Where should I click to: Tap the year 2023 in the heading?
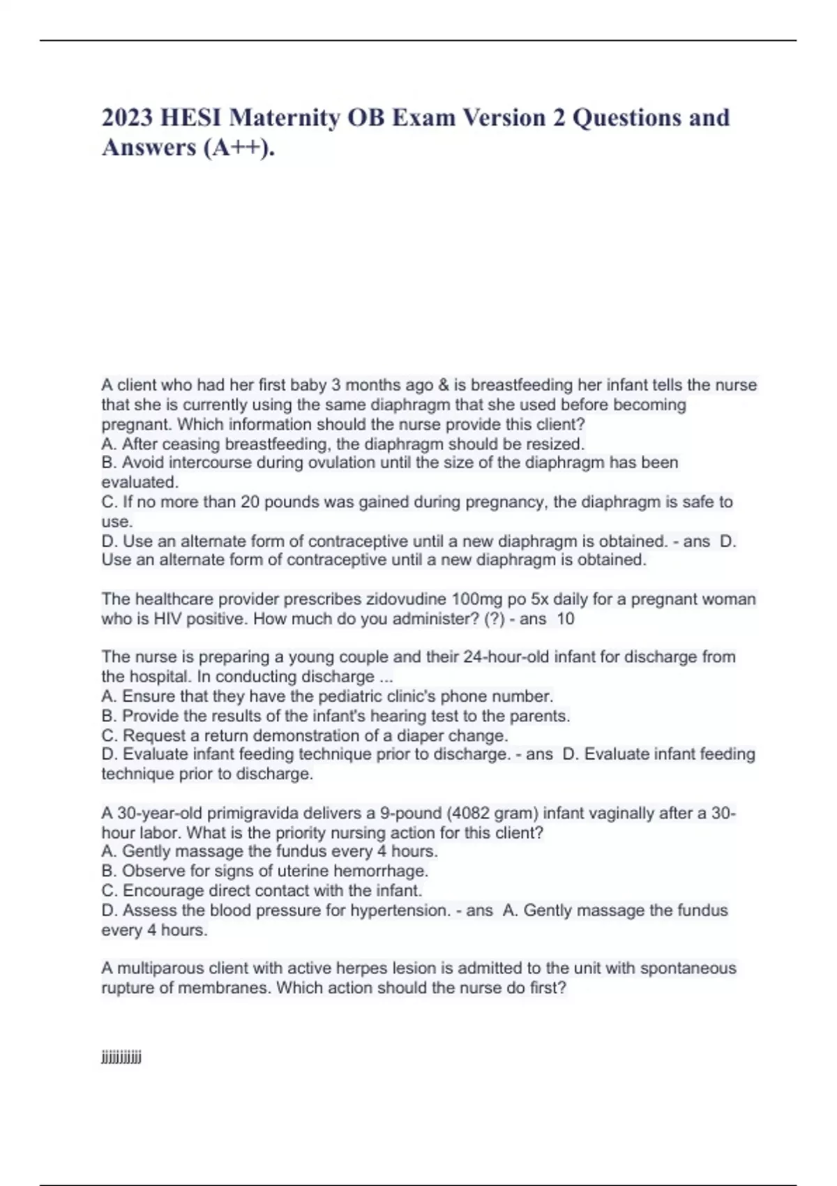128,117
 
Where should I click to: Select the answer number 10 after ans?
566,619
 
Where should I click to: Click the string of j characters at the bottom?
121,1058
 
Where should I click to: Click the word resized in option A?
555,444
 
